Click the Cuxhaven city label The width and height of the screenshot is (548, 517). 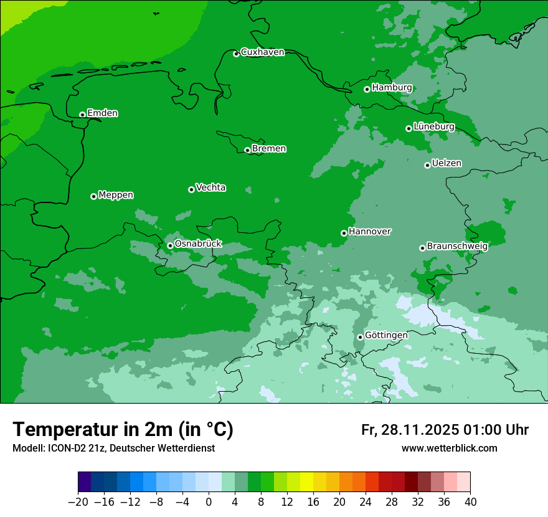[x=262, y=52]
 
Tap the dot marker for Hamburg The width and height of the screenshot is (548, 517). [x=367, y=89]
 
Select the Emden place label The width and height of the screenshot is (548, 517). [x=102, y=113]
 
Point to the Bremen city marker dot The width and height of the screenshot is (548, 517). [x=247, y=150]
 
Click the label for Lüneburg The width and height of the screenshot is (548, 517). [x=433, y=126]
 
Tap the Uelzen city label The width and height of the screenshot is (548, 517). [x=446, y=163]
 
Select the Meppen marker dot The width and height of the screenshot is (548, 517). [x=93, y=196]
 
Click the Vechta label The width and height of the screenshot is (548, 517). [x=210, y=187]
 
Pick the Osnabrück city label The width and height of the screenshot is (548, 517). [x=198, y=244]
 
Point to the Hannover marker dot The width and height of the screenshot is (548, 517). [x=344, y=233]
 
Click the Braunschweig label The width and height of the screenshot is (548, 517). [x=457, y=246]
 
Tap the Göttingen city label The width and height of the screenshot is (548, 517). [x=386, y=335]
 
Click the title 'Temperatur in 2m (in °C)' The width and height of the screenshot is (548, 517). [x=123, y=430]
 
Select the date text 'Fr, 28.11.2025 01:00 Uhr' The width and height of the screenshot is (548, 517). [x=445, y=430]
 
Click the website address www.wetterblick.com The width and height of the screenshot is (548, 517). [x=449, y=448]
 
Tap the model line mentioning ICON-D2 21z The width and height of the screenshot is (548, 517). [x=113, y=448]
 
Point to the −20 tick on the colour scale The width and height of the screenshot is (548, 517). [x=78, y=502]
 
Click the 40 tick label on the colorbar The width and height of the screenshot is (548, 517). [x=470, y=502]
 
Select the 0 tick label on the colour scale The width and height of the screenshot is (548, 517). [x=209, y=502]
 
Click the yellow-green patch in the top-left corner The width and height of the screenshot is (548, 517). [x=12, y=12]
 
